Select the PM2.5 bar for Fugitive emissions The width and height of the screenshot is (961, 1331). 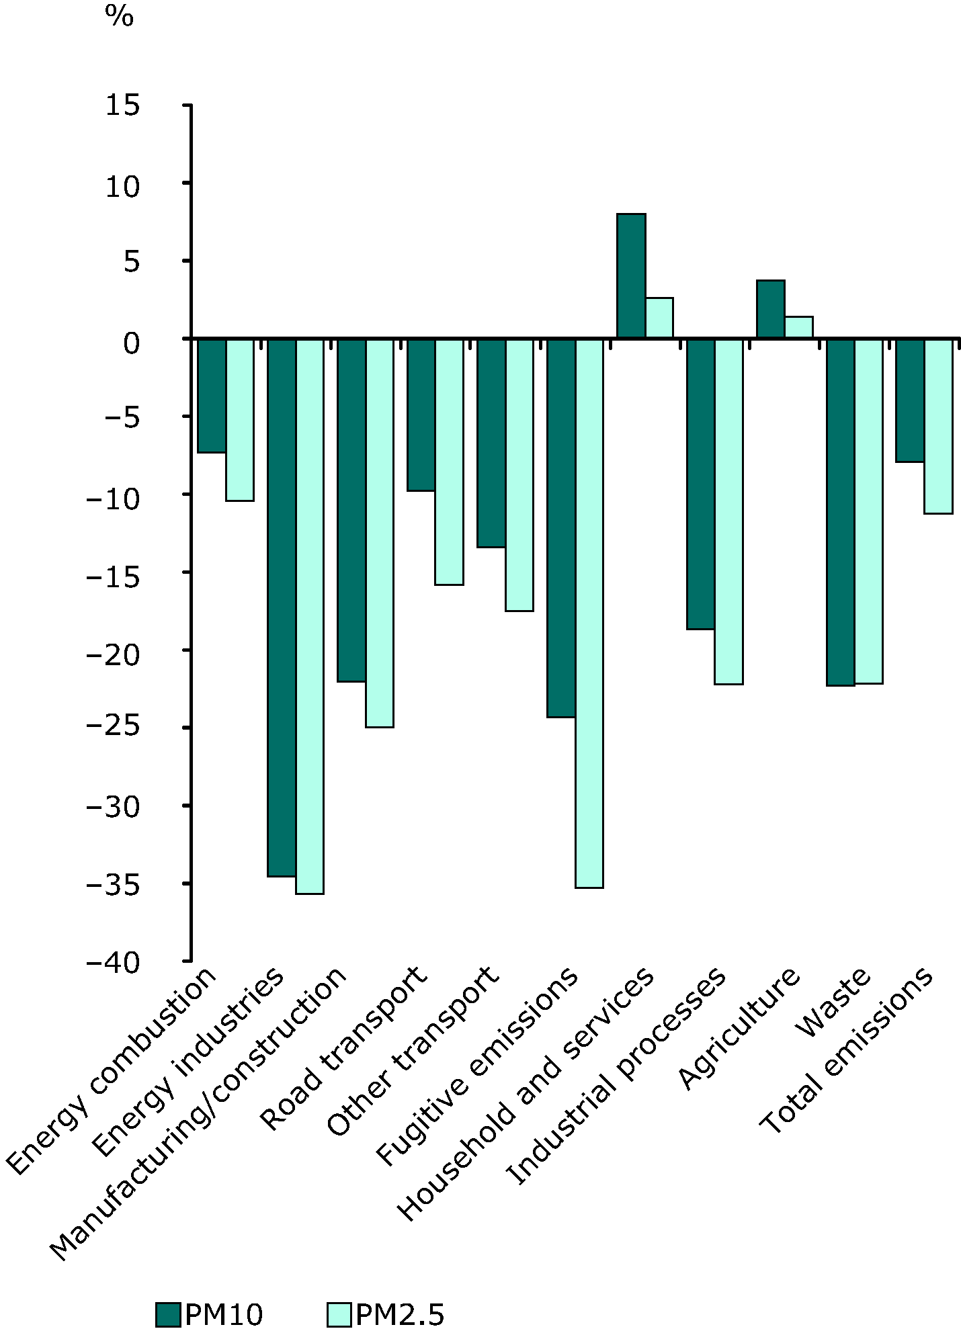coord(589,613)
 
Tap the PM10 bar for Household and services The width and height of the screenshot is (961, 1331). coord(631,275)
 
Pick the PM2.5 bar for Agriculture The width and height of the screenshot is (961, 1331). coord(799,327)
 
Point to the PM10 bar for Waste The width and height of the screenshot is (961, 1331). coord(841,512)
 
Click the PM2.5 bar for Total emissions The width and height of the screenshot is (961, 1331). coord(938,426)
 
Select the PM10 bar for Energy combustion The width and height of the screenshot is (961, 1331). coord(212,396)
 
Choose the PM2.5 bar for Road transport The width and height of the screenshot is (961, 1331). coord(450,462)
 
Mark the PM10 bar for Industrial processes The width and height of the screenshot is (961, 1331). coord(701,484)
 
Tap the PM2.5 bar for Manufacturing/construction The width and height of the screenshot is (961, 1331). coord(380,533)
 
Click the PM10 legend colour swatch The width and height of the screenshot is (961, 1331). coord(168,1314)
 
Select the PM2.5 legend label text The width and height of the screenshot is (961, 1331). coord(399,1314)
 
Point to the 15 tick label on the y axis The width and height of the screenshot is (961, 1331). coord(122,105)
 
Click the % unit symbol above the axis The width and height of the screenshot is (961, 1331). coord(120,16)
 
